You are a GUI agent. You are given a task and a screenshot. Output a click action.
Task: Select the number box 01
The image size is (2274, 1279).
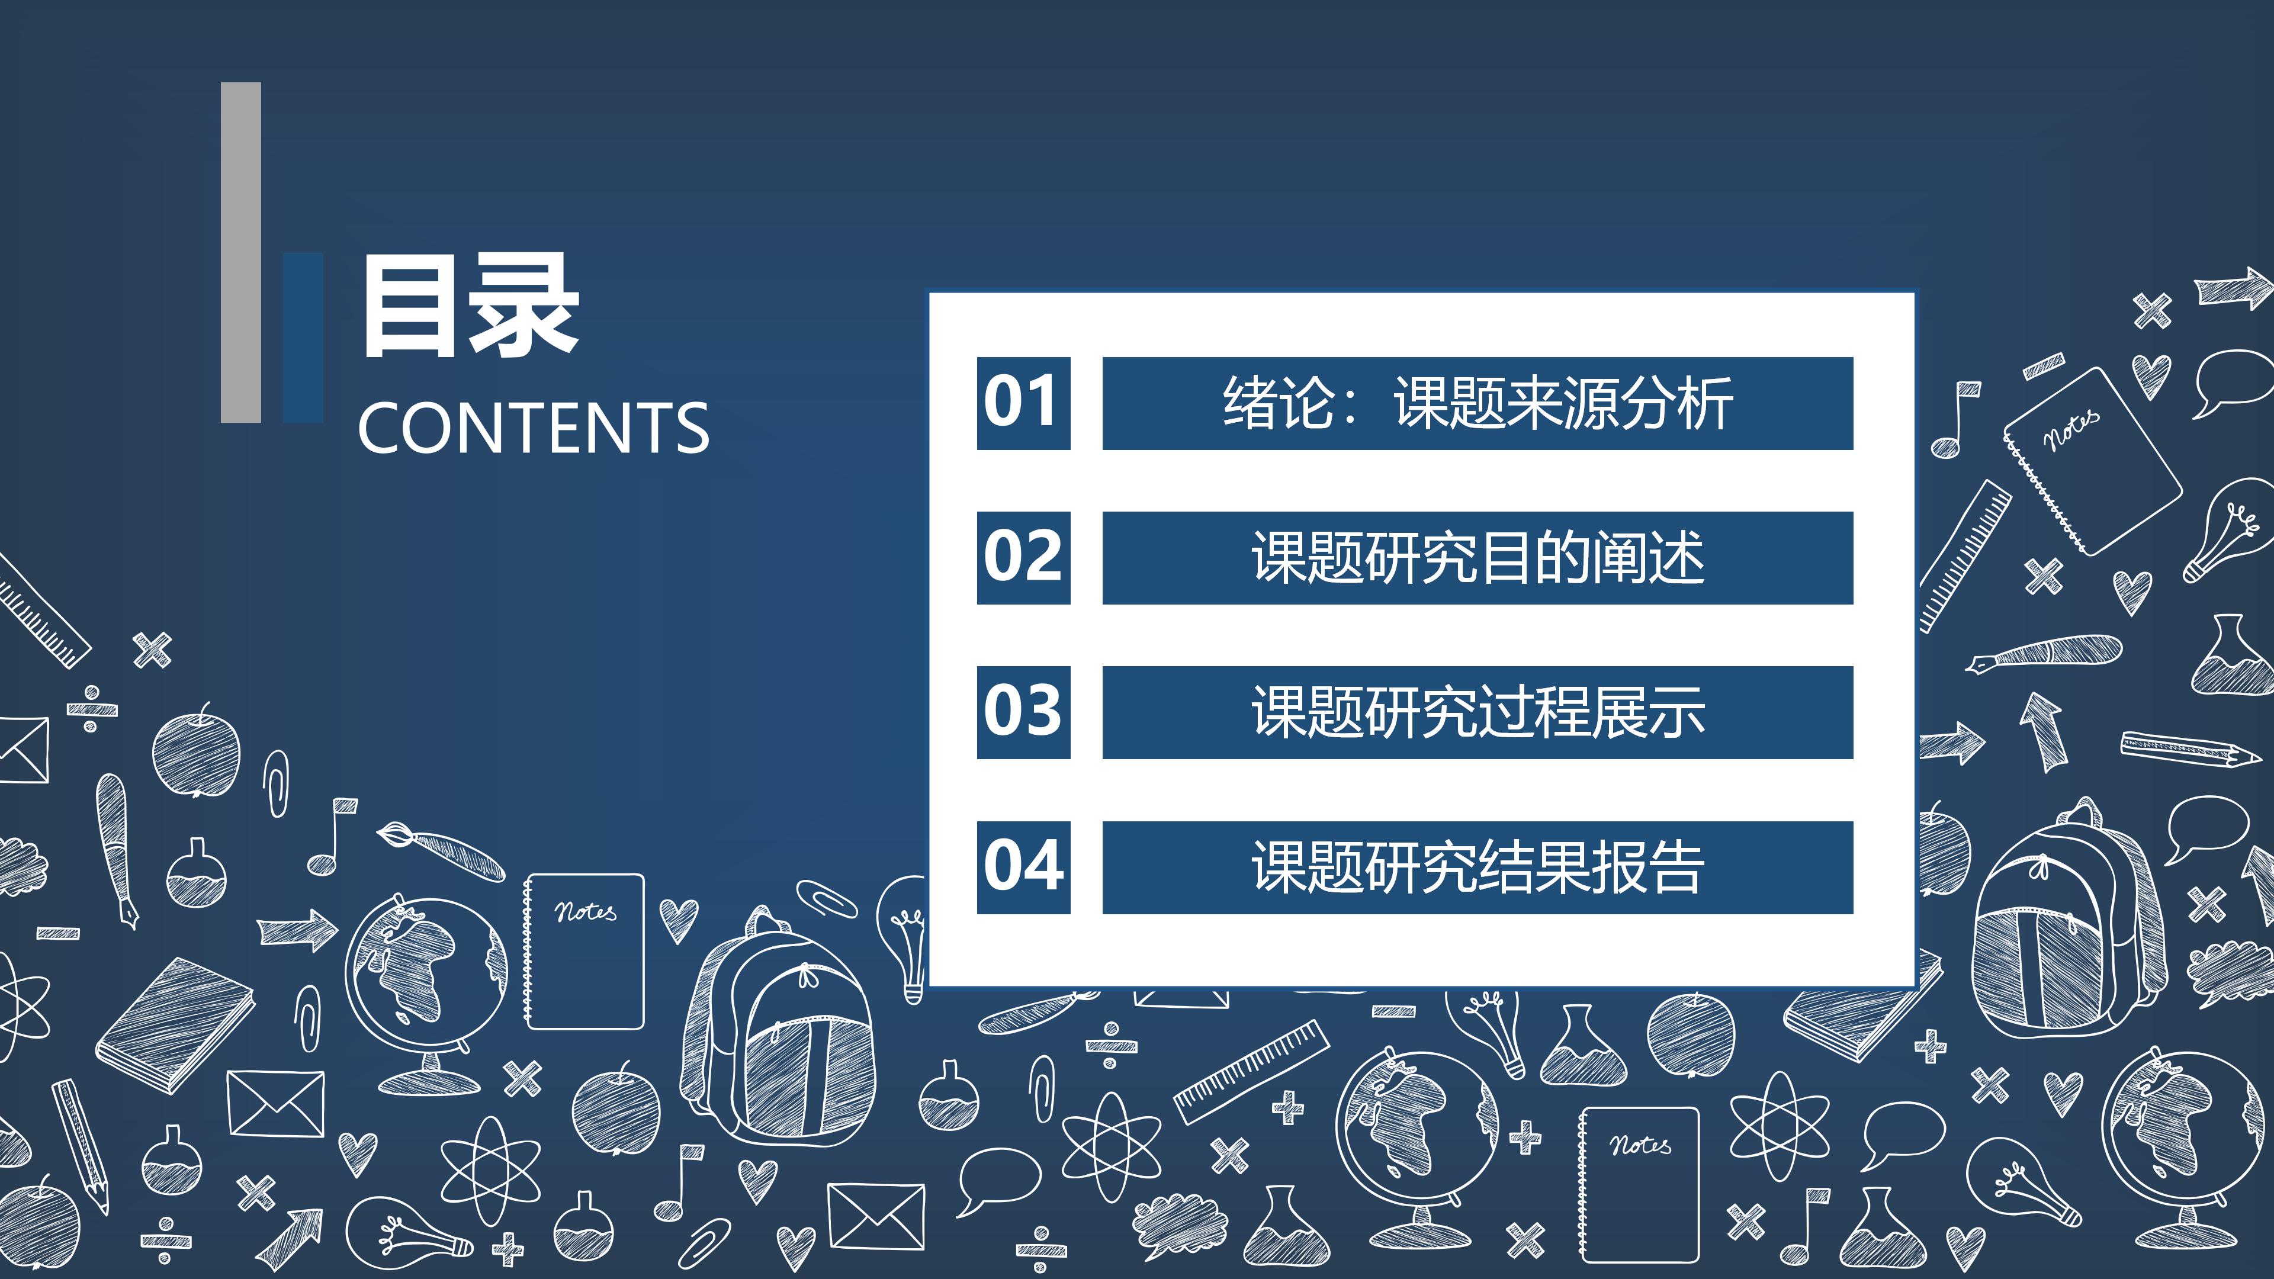coord(1023,403)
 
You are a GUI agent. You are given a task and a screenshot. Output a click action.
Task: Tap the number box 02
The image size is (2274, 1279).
coord(1023,558)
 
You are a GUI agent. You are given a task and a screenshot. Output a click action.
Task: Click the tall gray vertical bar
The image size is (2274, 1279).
coord(241,252)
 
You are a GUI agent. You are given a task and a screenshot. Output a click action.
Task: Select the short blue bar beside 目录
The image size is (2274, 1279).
coord(303,337)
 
